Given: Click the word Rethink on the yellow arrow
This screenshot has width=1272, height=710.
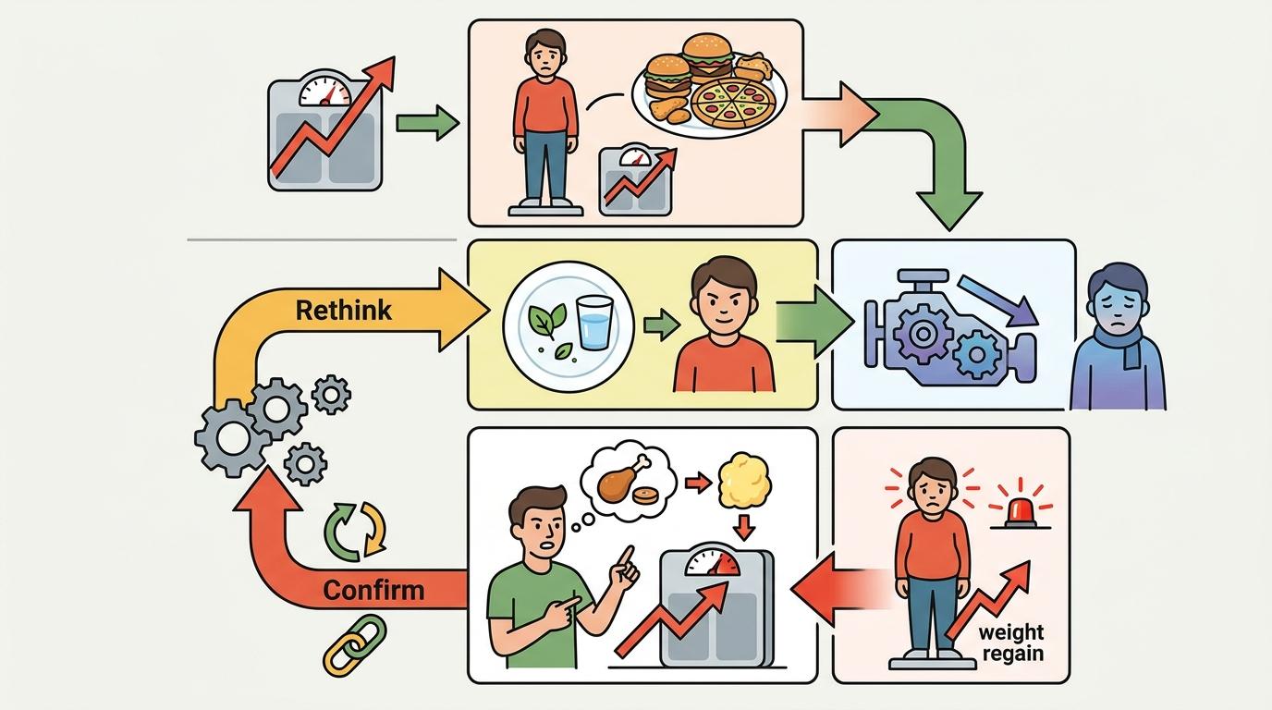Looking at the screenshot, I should [x=343, y=310].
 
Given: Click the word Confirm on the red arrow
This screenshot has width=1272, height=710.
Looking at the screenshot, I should [x=374, y=589].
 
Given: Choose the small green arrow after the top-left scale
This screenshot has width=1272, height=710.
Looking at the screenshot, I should [x=426, y=122].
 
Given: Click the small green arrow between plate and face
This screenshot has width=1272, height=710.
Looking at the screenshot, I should [x=657, y=324].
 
